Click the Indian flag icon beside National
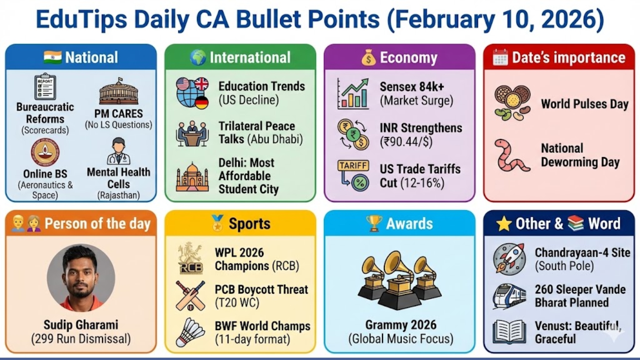tap(53, 57)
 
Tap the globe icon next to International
tap(198, 58)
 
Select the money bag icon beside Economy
tap(368, 58)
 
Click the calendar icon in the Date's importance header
tap(500, 58)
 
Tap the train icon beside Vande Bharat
tap(509, 296)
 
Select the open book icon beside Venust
tap(509, 332)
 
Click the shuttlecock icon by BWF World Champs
tap(191, 332)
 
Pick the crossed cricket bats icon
tap(190, 296)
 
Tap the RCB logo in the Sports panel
tap(190, 259)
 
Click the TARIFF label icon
tap(353, 166)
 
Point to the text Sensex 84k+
tap(412, 87)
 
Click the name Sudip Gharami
tap(81, 325)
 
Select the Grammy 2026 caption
tap(401, 325)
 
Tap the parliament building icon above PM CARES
tap(119, 92)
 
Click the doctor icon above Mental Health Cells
tap(119, 152)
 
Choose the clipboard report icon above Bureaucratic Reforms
tap(45, 87)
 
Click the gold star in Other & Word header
tap(504, 224)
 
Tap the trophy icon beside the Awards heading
tap(374, 223)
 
